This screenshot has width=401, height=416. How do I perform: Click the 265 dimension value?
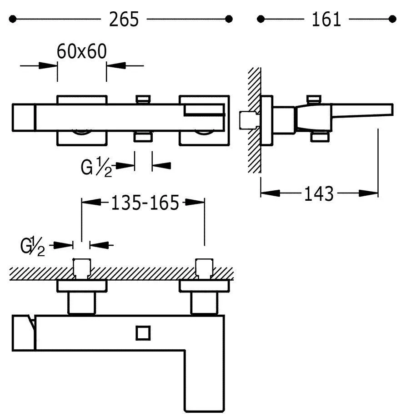[124, 19]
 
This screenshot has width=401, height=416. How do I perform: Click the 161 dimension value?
[326, 19]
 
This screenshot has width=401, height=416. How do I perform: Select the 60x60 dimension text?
[82, 51]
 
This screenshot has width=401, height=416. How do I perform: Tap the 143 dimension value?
[319, 193]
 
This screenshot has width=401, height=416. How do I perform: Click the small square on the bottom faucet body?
[143, 333]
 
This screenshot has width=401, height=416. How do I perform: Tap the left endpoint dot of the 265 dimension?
[13, 19]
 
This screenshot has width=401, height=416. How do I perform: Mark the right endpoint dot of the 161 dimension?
[393, 19]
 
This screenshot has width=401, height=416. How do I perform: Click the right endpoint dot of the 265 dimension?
[229, 19]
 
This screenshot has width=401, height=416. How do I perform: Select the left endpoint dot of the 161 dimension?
[261, 19]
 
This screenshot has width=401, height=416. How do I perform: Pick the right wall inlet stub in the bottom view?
[203, 268]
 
